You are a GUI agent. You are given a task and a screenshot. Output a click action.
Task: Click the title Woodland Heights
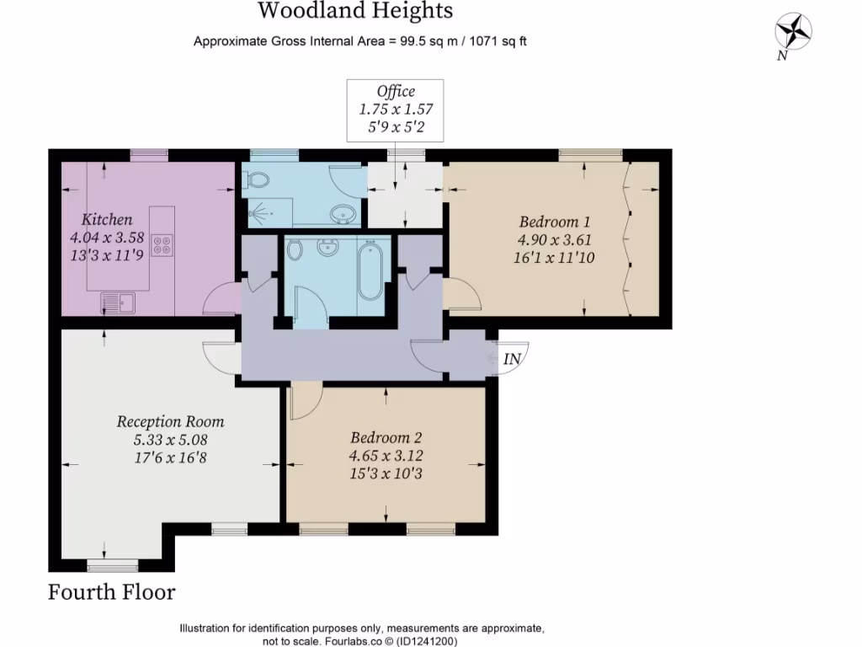coord(354,11)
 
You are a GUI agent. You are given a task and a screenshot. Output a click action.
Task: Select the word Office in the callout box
coord(396,92)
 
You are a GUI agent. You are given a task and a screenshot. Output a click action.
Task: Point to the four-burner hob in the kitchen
coord(162,245)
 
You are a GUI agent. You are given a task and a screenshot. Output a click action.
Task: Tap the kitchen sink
coord(117,301)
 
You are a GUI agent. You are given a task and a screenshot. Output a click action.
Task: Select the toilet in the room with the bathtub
coord(295,250)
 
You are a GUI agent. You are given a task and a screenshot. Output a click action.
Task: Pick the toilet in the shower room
coord(258,179)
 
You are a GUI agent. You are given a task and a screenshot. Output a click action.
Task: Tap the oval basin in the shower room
coord(343,214)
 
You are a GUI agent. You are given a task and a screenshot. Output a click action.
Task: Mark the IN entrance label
coord(512,359)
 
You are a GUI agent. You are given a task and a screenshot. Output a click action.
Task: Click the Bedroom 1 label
coord(554,222)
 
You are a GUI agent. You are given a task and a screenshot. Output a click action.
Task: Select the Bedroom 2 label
coord(386,438)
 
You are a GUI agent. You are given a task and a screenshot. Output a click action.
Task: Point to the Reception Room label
coord(170,421)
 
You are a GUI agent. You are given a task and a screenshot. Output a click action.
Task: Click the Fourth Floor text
coord(112,592)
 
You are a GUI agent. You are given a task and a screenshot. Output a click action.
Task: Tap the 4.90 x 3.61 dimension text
coord(554,240)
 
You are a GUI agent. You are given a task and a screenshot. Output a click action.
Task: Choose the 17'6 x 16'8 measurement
coord(170,457)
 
